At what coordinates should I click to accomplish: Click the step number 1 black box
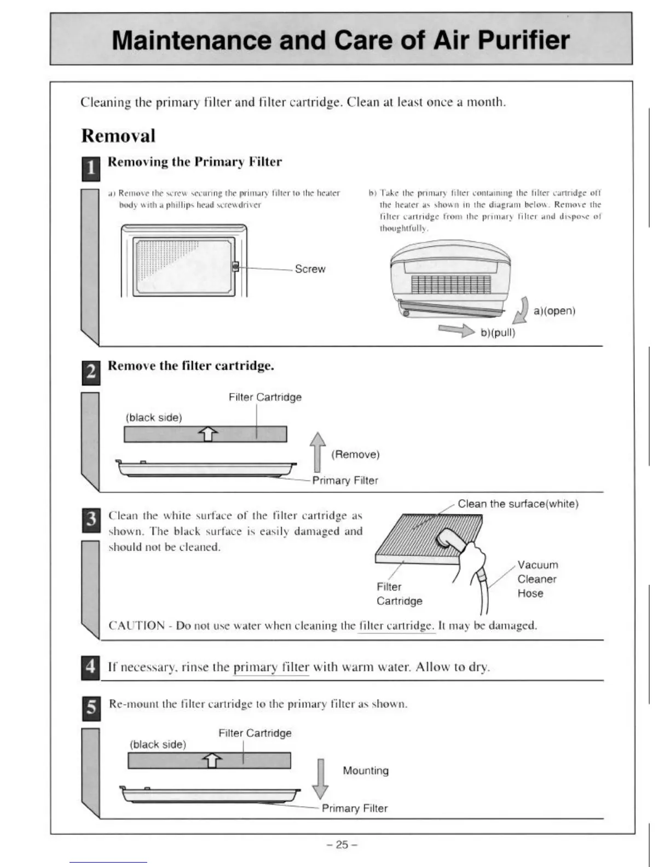[x=91, y=169]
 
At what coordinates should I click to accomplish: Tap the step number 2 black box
[x=91, y=372]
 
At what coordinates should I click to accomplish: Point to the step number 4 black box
[x=91, y=667]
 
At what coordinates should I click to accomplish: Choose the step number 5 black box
[x=91, y=708]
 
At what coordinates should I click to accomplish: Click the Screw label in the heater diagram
[x=310, y=269]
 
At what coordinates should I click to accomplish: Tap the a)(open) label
[x=554, y=311]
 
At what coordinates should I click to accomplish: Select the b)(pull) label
[x=498, y=332]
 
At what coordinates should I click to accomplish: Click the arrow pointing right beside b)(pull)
[x=456, y=331]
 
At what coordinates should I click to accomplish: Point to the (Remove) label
[x=355, y=454]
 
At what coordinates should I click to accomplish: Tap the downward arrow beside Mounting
[x=320, y=778]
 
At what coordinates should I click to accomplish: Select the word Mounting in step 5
[x=366, y=771]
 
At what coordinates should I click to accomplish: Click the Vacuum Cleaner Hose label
[x=537, y=579]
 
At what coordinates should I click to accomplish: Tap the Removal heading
[x=118, y=136]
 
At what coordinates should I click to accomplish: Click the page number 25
[x=342, y=845]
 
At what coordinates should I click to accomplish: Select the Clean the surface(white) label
[x=518, y=504]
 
